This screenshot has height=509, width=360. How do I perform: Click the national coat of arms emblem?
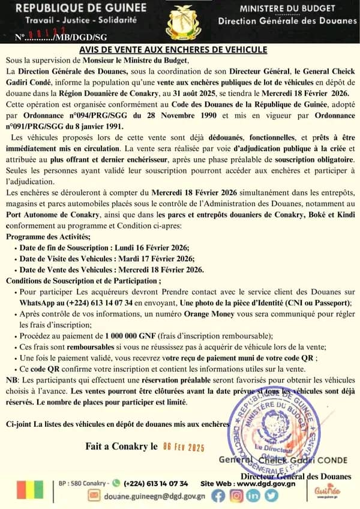(179, 23)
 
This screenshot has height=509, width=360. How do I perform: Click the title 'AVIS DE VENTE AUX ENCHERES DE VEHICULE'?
(179, 52)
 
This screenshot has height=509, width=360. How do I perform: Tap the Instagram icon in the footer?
(236, 495)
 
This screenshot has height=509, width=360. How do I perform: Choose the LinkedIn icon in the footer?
(253, 495)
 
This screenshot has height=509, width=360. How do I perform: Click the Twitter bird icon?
(271, 495)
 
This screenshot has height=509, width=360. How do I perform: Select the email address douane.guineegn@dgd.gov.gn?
(154, 496)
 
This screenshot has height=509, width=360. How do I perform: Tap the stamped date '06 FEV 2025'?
(184, 446)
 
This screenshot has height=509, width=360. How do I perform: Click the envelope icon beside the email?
(94, 495)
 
